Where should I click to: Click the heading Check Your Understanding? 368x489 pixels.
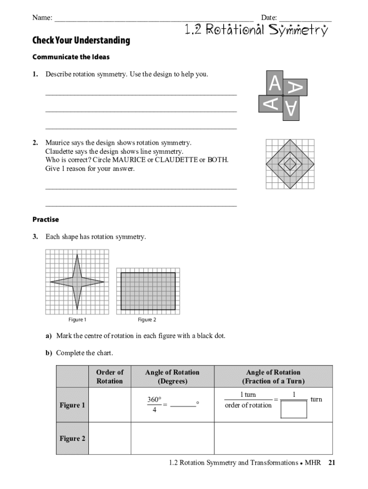click(81, 41)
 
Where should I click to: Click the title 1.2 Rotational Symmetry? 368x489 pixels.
click(256, 31)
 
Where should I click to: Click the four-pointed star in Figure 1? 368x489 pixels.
click(77, 282)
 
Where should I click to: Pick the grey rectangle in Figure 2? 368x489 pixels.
click(148, 291)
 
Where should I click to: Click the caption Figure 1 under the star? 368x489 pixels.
click(77, 320)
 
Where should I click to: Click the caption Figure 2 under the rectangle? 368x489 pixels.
click(147, 320)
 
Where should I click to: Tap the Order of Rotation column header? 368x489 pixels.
click(109, 376)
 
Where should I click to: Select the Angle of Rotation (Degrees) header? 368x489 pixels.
click(172, 376)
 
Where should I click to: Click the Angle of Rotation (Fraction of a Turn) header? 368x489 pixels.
click(273, 376)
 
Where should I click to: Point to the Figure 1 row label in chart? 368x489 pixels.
click(72, 405)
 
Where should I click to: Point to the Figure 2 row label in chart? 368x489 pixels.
click(72, 438)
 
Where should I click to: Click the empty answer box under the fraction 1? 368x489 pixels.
click(293, 409)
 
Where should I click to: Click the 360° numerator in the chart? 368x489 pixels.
click(154, 399)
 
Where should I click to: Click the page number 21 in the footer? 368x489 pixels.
click(332, 463)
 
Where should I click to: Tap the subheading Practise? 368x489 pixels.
click(45, 220)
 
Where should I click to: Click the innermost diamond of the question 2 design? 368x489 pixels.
click(290, 164)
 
